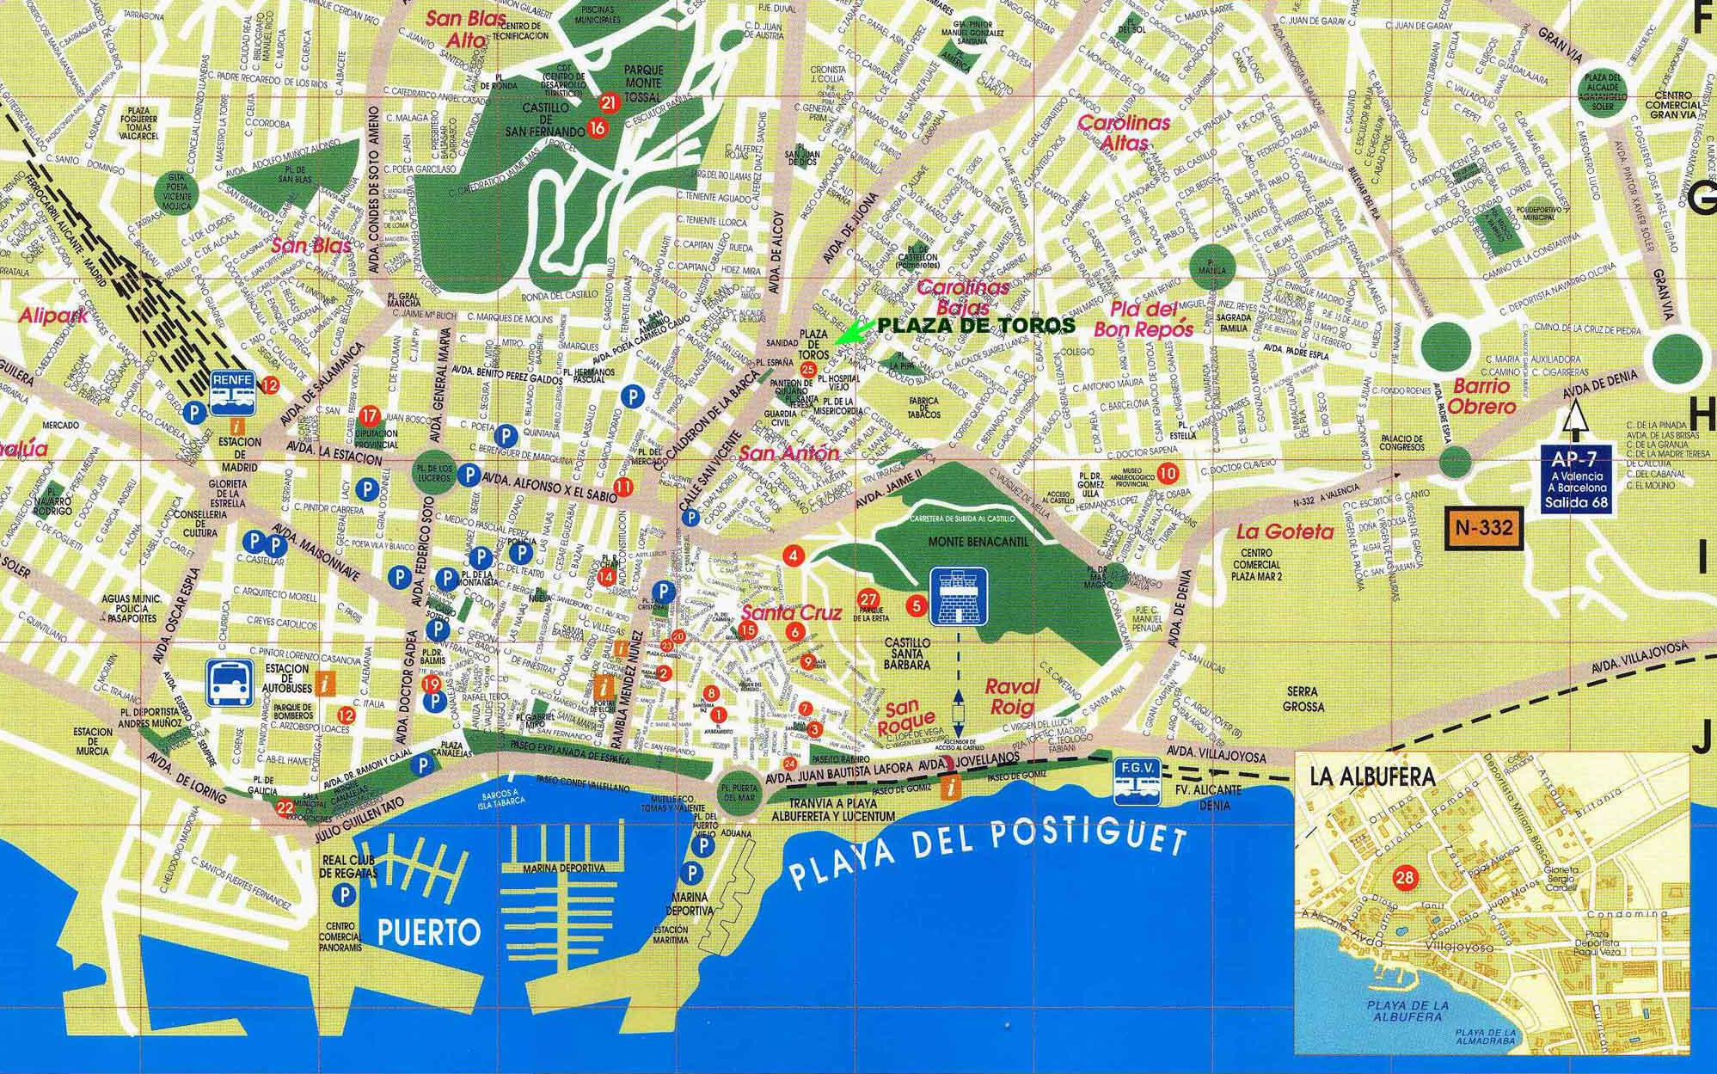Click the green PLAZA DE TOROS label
pyautogui.click(x=975, y=325)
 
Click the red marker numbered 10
pyautogui.click(x=1167, y=471)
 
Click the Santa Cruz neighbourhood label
pyautogui.click(x=778, y=613)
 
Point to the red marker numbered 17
pyautogui.click(x=370, y=416)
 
